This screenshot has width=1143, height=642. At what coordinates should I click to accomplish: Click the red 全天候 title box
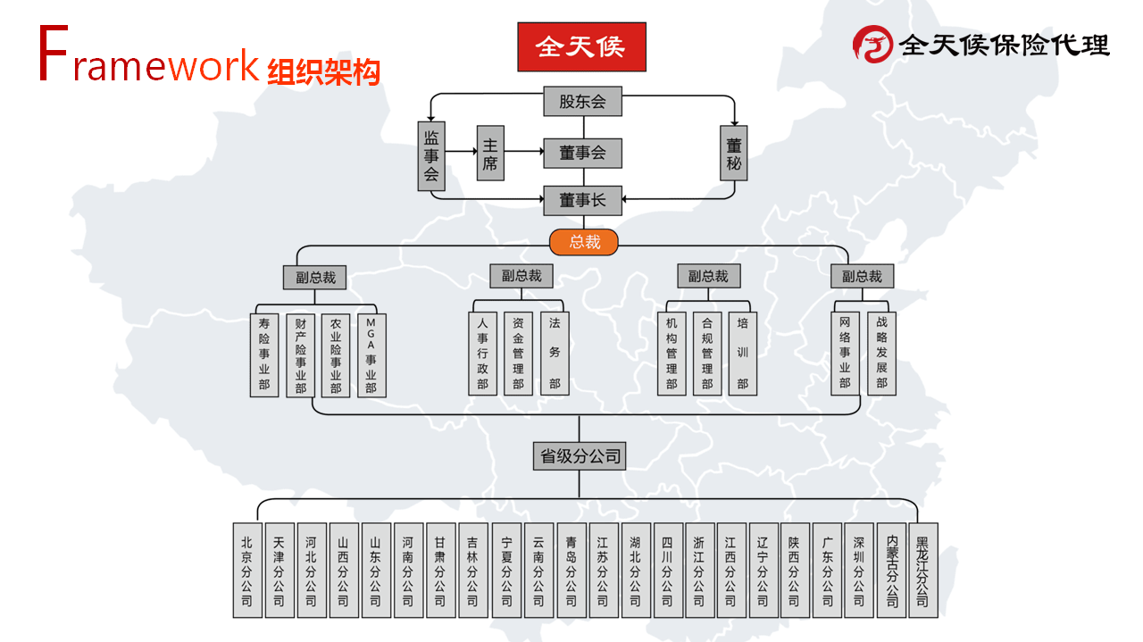[x=581, y=47]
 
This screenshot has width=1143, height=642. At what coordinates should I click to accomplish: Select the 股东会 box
[x=583, y=101]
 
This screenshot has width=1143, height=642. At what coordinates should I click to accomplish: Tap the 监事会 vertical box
[x=431, y=156]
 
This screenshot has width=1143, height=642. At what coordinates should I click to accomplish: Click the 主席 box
[x=490, y=153]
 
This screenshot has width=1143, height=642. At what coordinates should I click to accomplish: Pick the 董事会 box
[x=583, y=153]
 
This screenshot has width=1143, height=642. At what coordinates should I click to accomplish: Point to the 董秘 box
[x=734, y=153]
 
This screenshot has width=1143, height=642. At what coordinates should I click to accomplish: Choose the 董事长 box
[x=583, y=201]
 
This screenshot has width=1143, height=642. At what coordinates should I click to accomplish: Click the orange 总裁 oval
[x=584, y=242]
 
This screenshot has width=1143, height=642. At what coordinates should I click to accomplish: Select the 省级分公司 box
[x=580, y=455]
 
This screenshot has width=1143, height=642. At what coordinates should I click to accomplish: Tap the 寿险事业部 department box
[x=264, y=355]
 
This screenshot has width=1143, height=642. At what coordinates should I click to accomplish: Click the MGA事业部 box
[x=371, y=355]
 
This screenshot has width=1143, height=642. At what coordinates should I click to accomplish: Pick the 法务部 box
[x=555, y=354]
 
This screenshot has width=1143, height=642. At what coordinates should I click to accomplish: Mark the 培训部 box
[x=742, y=354]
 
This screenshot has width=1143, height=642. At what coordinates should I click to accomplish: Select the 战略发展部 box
[x=881, y=354]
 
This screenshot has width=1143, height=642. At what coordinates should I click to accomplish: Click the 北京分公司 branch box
[x=247, y=570]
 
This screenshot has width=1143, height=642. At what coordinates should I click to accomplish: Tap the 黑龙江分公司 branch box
[x=923, y=570]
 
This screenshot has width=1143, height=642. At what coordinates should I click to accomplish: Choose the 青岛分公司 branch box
[x=571, y=570]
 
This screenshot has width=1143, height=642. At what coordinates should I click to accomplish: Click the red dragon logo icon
[x=872, y=45]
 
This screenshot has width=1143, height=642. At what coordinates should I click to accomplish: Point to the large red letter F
[x=53, y=53]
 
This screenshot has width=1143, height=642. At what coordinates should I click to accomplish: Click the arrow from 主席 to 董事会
[x=524, y=152]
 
